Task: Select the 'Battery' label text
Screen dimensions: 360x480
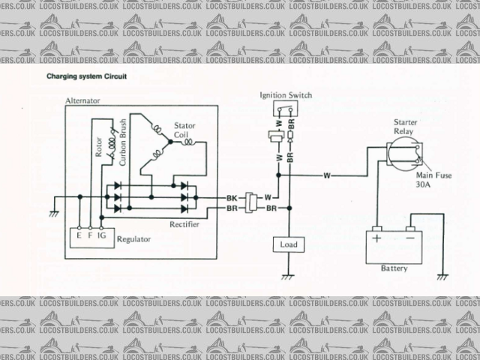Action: [x=394, y=268]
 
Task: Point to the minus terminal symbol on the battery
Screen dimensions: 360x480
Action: [x=409, y=239]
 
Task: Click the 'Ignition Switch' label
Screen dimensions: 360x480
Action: [x=286, y=96]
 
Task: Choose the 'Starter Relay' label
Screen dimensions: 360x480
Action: [x=404, y=127]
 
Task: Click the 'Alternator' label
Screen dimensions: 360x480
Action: [x=82, y=100]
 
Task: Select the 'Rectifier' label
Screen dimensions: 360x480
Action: [x=184, y=223]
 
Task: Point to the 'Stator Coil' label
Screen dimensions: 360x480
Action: [x=184, y=130]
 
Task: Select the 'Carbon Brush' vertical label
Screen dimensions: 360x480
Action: [x=121, y=138]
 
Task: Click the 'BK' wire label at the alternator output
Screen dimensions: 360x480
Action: [x=232, y=198]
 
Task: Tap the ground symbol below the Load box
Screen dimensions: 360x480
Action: [x=286, y=276]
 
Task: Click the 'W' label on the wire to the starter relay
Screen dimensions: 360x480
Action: [x=327, y=175]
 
